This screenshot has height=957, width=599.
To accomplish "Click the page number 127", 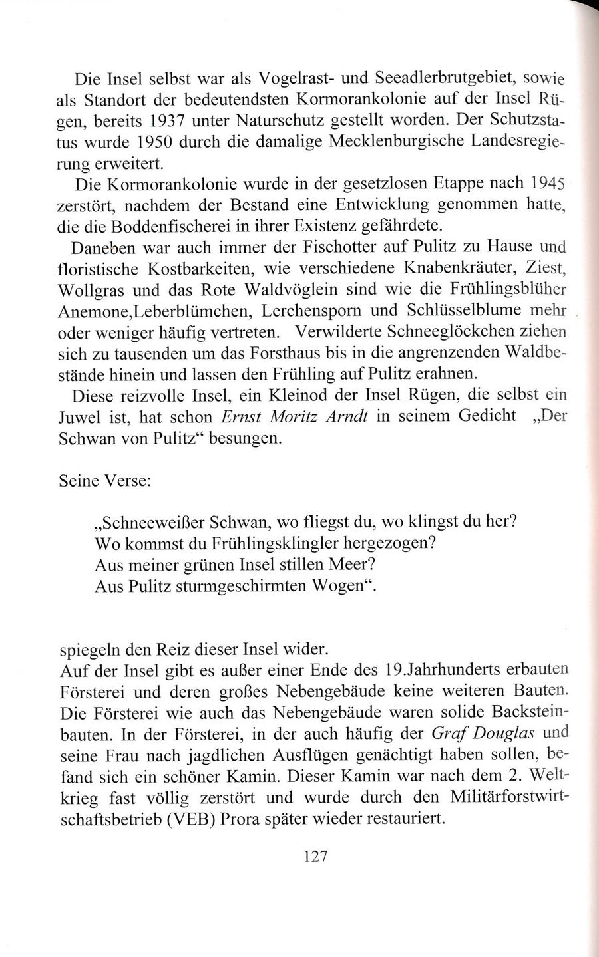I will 316,856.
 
